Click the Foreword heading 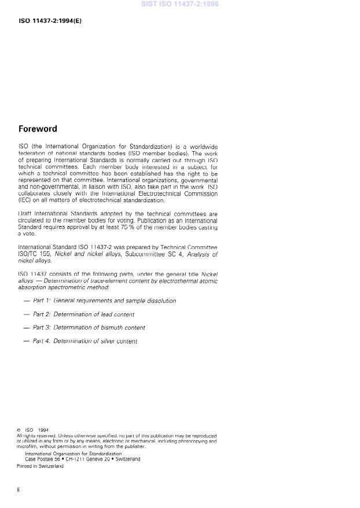tap(38, 129)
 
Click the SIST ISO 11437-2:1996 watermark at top tap(180, 4)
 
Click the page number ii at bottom tap(19, 490)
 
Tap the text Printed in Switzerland tap(40, 466)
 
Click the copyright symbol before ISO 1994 tap(19, 430)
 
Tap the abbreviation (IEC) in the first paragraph tap(25, 200)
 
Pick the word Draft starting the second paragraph tap(25, 214)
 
